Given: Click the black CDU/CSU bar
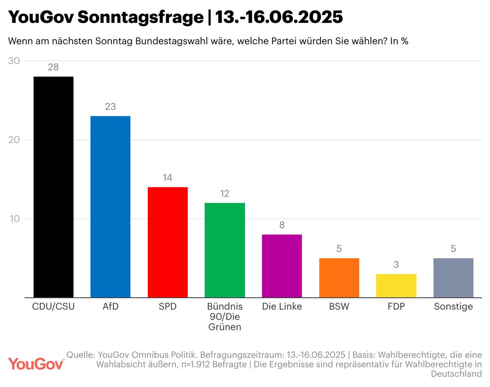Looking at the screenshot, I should (53, 187).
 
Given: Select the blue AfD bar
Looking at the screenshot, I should (110, 207).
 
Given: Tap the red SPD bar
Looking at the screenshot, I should (167, 242).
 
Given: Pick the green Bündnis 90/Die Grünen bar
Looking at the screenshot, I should (225, 250).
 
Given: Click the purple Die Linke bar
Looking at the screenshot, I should (282, 266).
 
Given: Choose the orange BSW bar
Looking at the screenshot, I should (339, 278).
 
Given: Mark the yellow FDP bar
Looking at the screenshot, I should (396, 285).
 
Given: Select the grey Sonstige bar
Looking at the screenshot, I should (453, 278).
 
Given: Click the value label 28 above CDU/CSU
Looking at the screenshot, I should (53, 67).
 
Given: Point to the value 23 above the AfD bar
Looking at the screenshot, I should (110, 107).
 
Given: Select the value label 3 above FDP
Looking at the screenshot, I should (396, 265).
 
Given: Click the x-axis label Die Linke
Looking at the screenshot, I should (282, 307).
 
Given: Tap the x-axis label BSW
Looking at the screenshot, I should (339, 307).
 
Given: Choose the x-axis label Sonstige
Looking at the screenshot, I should (453, 307).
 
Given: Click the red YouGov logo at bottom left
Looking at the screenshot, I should (36, 363).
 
